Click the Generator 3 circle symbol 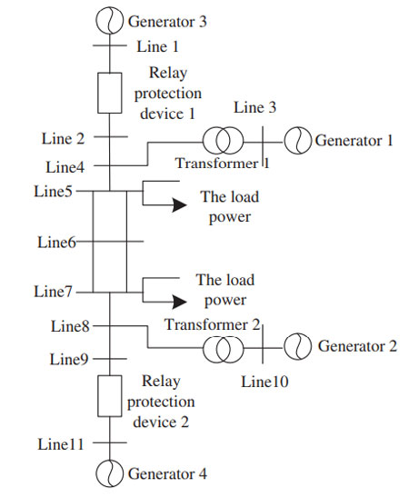pos(96,21)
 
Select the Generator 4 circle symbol pos(96,473)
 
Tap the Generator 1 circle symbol pos(284,141)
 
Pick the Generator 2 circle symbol pos(284,346)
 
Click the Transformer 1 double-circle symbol pos(203,141)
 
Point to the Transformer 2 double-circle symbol pos(203,349)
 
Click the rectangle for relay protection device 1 pos(98,93)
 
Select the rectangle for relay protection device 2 pos(98,396)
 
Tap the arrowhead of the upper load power pos(179,204)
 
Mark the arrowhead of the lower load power pos(179,302)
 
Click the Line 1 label pos(157,46)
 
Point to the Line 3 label pos(254,107)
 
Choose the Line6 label pos(56,243)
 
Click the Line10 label pos(264,382)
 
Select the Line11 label pos(61,444)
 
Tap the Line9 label pos(69,360)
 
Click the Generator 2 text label pos(357,346)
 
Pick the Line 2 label pos(63,138)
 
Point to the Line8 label pos(70,326)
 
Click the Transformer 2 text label pos(213,324)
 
